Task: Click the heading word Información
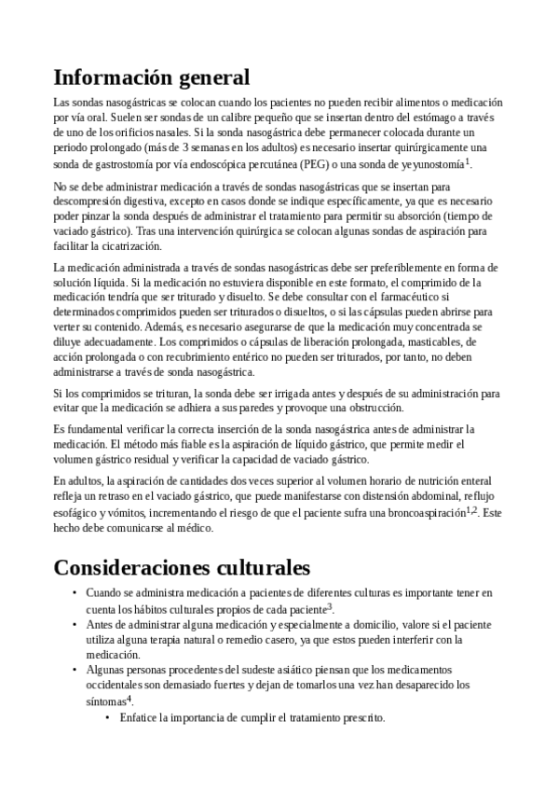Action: pyautogui.click(x=114, y=76)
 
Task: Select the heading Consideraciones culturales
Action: pyautogui.click(x=182, y=566)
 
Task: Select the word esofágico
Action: pyautogui.click(x=79, y=513)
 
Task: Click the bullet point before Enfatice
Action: pyautogui.click(x=108, y=718)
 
